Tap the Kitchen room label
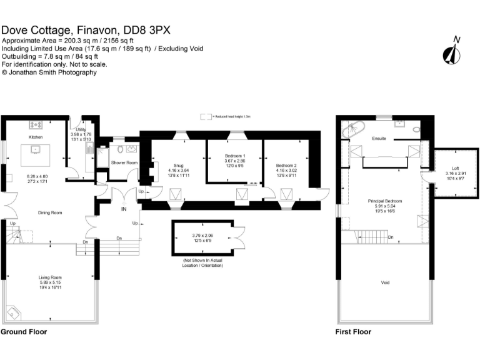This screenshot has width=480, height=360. [34, 136]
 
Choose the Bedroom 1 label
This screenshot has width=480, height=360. [235, 156]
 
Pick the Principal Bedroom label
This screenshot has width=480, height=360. [384, 201]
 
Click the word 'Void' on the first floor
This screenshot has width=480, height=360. [385, 282]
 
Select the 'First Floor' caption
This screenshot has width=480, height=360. [353, 332]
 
